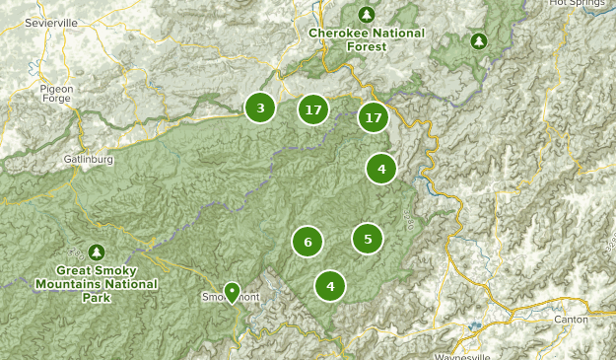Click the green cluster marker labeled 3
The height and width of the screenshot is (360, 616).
pos(260,108)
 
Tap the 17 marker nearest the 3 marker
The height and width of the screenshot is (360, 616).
pos(313,109)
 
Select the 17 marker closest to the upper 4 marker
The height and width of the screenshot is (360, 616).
pos(373,117)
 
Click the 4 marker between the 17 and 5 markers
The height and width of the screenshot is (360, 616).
pos(380,169)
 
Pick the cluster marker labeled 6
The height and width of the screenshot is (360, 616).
pos(308,241)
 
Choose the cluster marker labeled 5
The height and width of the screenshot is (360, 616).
pos(368,238)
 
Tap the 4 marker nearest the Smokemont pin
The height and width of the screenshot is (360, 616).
pos(330,286)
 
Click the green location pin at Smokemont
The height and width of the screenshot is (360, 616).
pos(232,292)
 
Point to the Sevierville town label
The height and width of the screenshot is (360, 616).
pos(52,21)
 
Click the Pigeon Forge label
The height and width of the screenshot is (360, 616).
pos(57,94)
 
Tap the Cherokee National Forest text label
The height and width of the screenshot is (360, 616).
pos(367,38)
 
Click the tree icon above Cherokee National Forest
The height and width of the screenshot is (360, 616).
pos(367,14)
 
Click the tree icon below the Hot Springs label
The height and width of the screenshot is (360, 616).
pos(479,41)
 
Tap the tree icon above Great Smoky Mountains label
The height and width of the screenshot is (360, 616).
pos(97,252)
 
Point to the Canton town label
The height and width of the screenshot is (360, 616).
pos(570,319)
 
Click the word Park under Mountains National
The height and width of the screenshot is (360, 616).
pos(97,296)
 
